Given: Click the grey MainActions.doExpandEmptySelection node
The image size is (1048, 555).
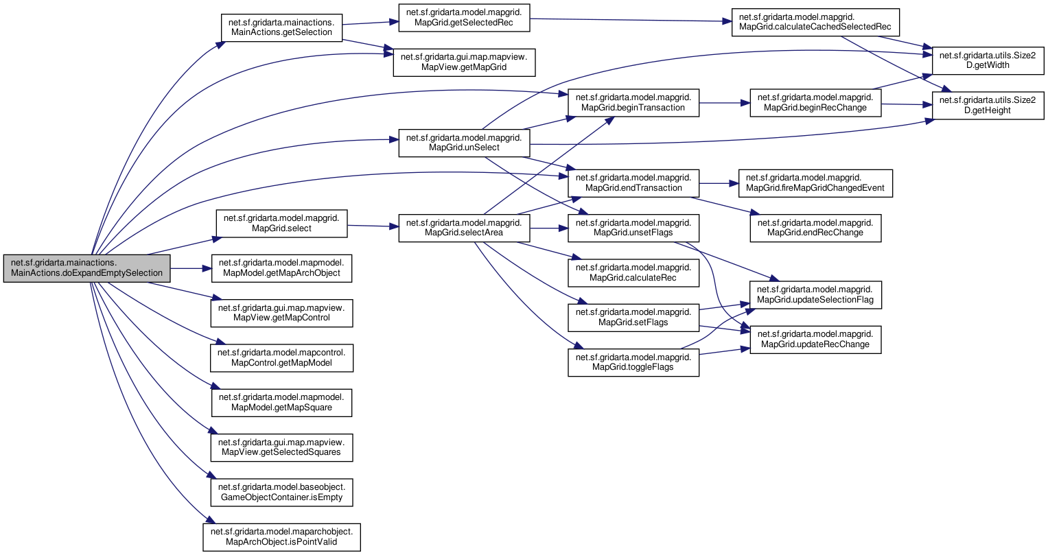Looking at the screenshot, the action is (x=86, y=268).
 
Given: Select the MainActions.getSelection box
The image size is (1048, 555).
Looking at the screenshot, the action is (x=281, y=27).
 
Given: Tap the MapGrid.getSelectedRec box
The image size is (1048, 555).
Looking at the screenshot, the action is (x=464, y=18).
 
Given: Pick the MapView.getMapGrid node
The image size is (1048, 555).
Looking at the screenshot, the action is (x=464, y=62).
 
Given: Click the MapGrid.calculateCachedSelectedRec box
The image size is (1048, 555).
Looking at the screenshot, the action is (x=815, y=23).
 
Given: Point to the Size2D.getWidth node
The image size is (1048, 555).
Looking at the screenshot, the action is (x=988, y=60).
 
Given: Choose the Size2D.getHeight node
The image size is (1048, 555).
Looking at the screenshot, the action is (x=988, y=106).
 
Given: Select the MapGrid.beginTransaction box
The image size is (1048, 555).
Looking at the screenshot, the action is (x=633, y=103).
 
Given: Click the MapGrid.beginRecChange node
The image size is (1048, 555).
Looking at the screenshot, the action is (x=815, y=103).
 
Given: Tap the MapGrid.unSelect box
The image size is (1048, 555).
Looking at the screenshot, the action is (x=464, y=143).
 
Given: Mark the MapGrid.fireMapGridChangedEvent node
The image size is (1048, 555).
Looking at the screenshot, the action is (x=815, y=183).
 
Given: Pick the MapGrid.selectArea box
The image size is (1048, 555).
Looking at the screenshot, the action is (x=464, y=228).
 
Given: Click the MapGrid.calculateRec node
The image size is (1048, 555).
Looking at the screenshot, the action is (x=633, y=273).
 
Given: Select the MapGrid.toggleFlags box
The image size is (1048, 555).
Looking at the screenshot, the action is (x=633, y=362).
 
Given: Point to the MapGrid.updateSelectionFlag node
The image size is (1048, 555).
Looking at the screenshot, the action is (x=815, y=295).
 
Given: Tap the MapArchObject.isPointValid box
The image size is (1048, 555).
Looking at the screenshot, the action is (x=281, y=537).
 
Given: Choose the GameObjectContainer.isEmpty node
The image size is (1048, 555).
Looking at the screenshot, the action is (x=281, y=493).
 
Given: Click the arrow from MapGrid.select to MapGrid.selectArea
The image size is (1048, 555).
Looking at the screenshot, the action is (x=373, y=226).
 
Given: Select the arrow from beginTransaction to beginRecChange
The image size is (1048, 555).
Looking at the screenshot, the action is (x=725, y=103).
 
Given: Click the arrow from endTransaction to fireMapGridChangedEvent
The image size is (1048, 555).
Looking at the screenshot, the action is (x=719, y=183).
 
